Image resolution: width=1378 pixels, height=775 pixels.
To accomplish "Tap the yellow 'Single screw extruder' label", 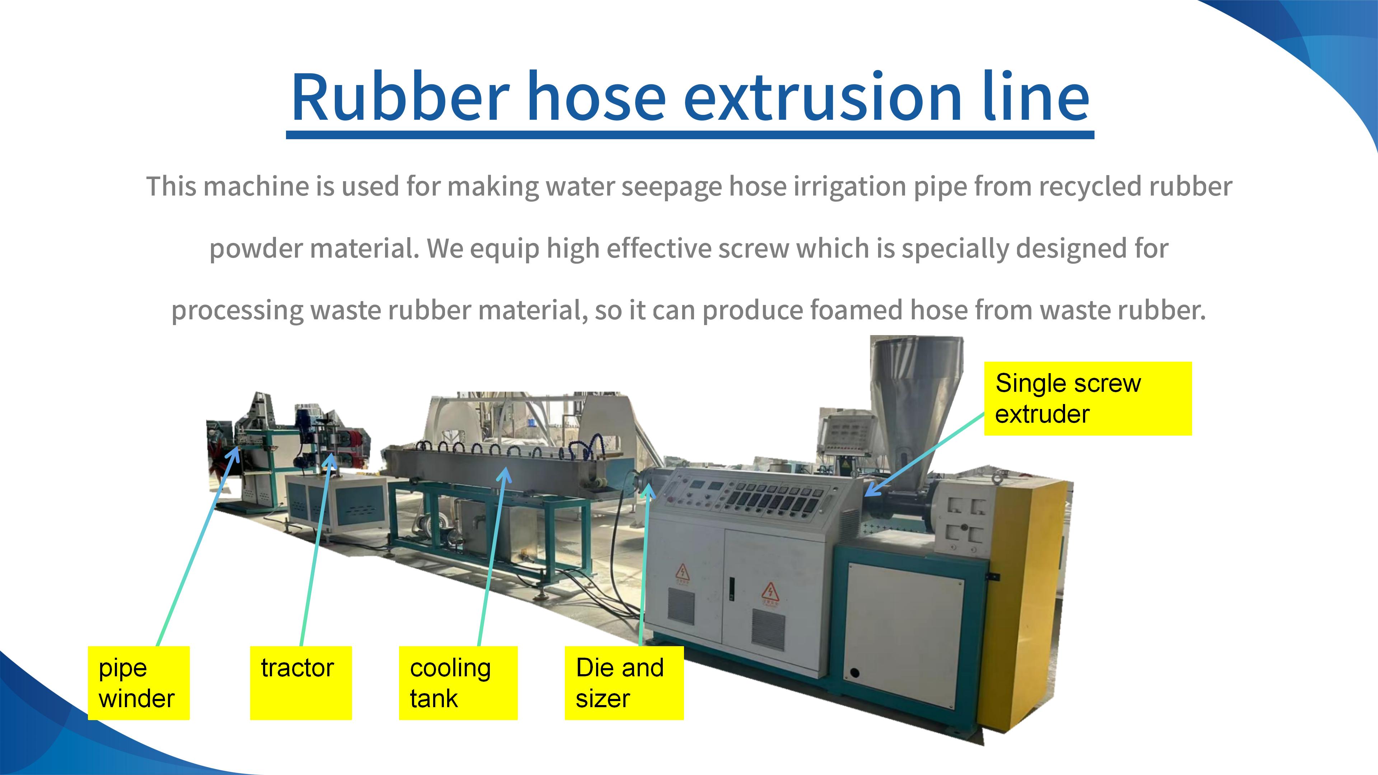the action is coord(1088,399).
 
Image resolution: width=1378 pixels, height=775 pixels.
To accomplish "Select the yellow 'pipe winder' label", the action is coord(139,683).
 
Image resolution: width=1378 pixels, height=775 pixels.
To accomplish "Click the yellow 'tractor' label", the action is coord(301,683).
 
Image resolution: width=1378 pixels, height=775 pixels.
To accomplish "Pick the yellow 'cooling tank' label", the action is coord(458,683).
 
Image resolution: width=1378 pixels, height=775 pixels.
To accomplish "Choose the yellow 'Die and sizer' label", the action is coord(624,683).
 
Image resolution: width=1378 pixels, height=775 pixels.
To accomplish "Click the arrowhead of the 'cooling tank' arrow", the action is coord(503,473).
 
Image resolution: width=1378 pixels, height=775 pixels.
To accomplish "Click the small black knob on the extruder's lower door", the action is coord(854,673).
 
